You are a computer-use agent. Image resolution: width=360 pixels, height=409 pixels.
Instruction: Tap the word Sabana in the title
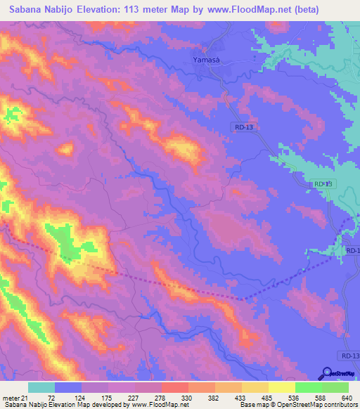[27, 10]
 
